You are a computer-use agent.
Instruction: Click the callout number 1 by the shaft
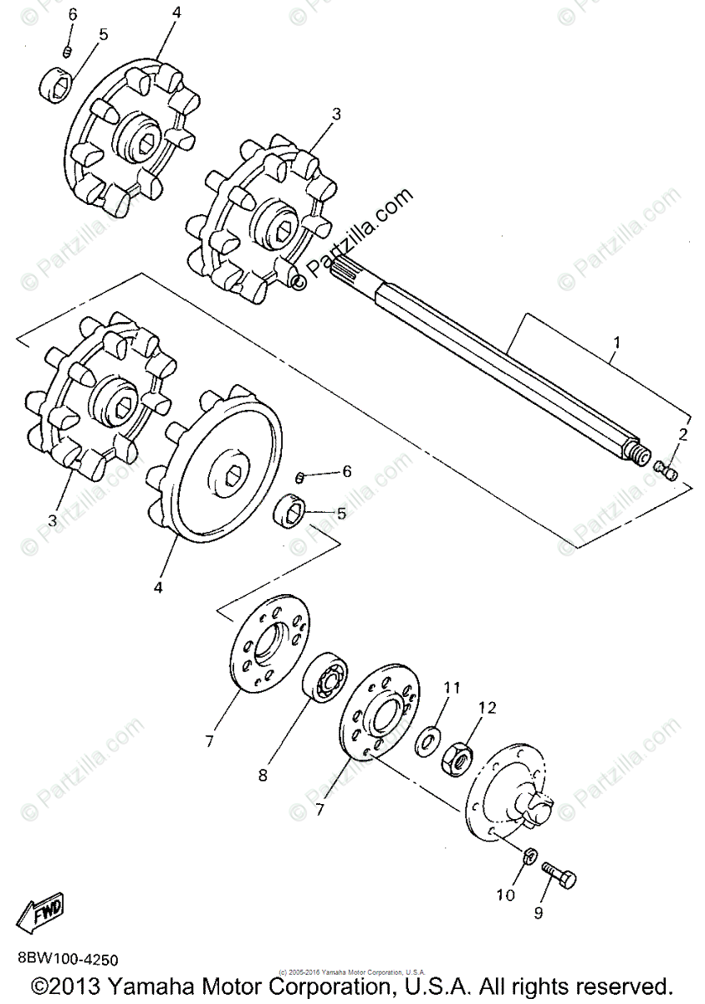click(616, 343)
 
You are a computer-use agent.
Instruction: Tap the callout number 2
click(683, 433)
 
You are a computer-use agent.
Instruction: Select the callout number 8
click(263, 775)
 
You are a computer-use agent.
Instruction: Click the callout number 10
click(504, 896)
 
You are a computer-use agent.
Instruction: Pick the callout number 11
click(452, 688)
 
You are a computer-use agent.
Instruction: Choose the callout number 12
click(487, 708)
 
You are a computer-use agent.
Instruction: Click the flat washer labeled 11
click(428, 740)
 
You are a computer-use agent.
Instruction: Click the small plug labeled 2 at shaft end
click(667, 471)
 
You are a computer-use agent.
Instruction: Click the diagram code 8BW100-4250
click(66, 959)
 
